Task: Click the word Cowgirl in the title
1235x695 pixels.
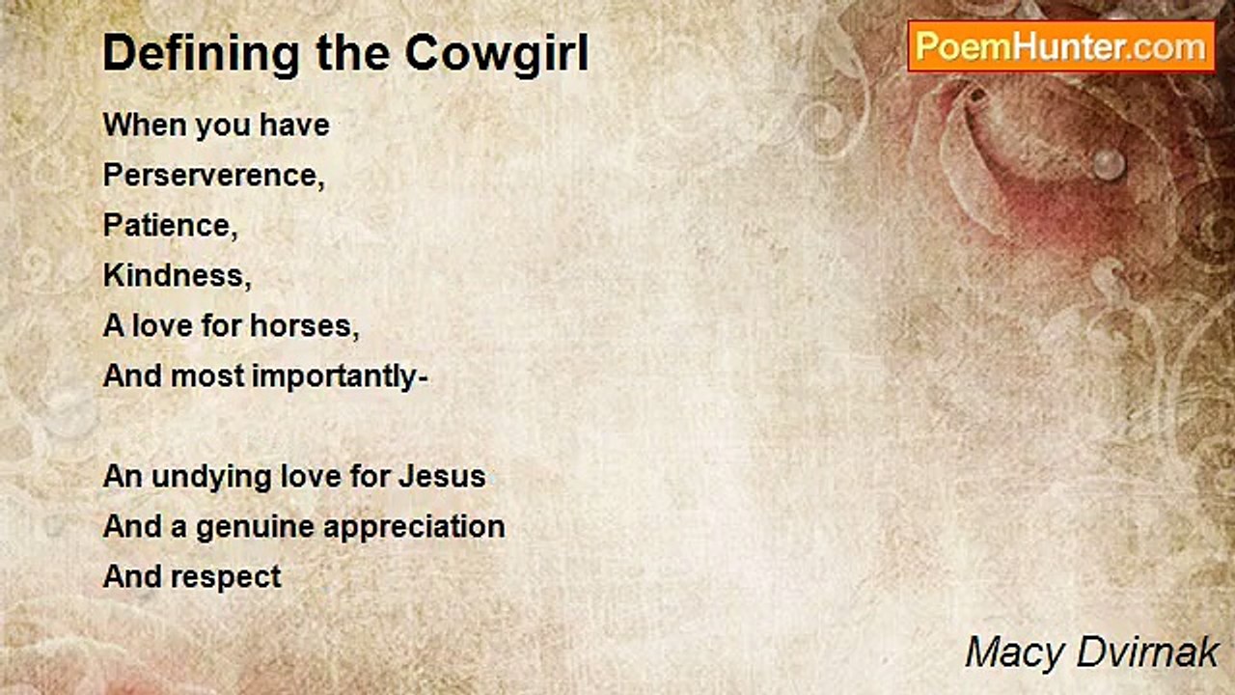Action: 497,54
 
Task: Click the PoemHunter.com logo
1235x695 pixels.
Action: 1061,46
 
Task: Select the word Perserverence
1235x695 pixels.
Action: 214,175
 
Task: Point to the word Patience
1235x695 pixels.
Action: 171,225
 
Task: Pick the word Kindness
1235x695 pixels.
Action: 177,275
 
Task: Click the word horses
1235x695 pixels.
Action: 304,325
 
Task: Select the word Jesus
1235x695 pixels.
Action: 442,477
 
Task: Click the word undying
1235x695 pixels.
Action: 211,478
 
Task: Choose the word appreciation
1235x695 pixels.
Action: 414,528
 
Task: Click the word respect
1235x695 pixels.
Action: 226,578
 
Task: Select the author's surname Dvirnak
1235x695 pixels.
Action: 1148,653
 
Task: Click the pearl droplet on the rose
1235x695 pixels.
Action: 1109,164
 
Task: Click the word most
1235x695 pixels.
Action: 207,376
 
